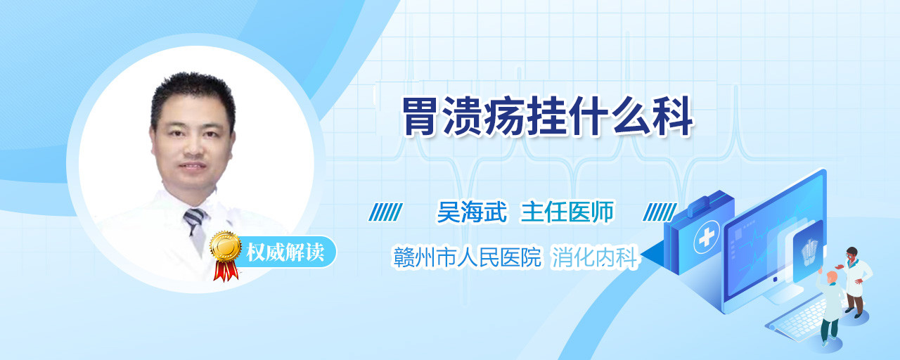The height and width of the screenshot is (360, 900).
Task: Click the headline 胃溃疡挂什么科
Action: coord(548,116)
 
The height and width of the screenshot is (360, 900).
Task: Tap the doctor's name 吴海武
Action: coord(472,212)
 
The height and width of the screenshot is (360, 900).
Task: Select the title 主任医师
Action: coord(567,212)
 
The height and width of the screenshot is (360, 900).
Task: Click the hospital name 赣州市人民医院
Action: coord(468,257)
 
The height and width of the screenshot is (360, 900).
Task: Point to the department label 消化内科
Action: coord(595,257)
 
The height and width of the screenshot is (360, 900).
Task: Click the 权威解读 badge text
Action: coord(285,252)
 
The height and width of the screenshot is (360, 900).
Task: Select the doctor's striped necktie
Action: coord(196,230)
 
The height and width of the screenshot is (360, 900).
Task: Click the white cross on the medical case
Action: coord(706,238)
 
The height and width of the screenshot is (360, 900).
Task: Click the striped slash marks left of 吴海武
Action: coord(386,212)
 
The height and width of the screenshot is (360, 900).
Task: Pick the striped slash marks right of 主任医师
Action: coord(660,212)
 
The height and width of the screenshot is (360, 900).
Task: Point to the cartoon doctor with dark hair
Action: coord(855,282)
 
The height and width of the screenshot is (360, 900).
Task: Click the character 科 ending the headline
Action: coord(674,116)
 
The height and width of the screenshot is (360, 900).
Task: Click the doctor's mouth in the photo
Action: coord(192,165)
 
